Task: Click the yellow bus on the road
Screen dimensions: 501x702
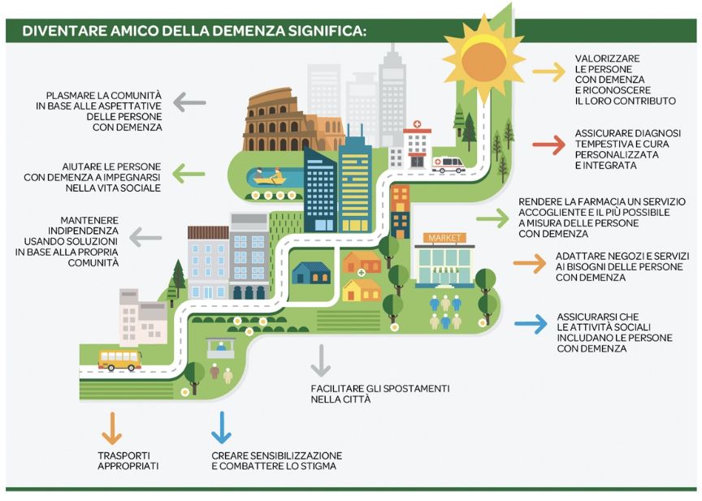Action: (x=119, y=359)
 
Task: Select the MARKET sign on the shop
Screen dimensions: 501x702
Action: (x=443, y=238)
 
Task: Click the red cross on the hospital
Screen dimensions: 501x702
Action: (x=418, y=127)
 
